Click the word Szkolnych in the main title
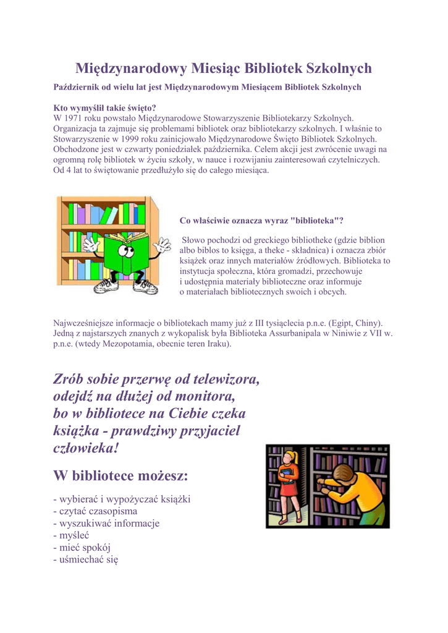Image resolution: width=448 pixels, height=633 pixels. pyautogui.click(x=339, y=67)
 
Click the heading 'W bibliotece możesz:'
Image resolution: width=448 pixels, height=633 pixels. pyautogui.click(x=120, y=476)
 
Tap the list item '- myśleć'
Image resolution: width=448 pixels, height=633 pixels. pyautogui.click(x=72, y=535)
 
